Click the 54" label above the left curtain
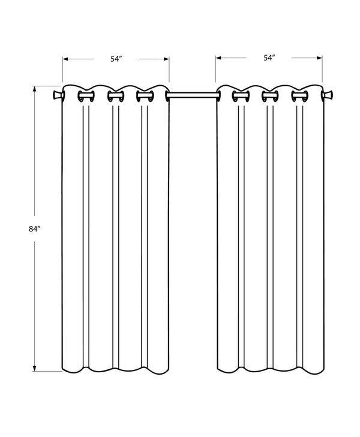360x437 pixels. (116, 59)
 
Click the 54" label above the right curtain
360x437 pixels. (269, 58)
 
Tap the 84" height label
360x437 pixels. (34, 228)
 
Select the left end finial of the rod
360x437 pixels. (57, 95)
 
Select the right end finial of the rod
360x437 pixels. (328, 95)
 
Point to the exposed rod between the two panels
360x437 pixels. (192, 95)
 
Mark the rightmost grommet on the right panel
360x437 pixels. (299, 96)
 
